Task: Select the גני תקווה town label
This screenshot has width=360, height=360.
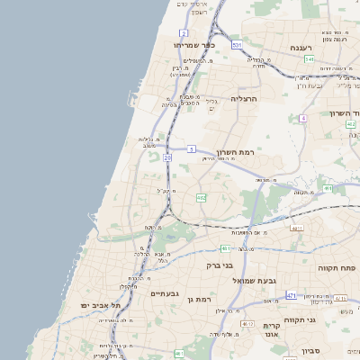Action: (324, 319)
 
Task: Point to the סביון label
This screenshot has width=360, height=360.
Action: (311, 350)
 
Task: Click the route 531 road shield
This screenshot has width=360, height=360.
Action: (237, 44)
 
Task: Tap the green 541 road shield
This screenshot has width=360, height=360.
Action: (309, 59)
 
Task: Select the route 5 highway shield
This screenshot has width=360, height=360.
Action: (192, 148)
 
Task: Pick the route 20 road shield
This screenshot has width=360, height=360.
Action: (167, 157)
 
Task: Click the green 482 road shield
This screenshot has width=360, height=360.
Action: (202, 197)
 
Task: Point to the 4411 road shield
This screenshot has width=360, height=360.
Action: (296, 228)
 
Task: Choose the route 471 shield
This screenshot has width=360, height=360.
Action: (291, 295)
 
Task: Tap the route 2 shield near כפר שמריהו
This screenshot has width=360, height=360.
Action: (184, 32)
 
